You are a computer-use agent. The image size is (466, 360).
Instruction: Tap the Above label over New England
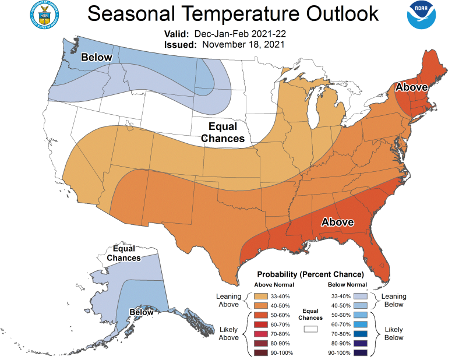coord(412,87)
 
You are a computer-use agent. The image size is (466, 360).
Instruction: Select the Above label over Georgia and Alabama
coord(338,222)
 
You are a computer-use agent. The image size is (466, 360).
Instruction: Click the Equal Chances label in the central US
coord(218,133)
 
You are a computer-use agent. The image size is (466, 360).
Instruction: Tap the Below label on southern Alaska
coord(142,312)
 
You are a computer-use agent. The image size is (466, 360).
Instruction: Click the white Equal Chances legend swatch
coord(310,329)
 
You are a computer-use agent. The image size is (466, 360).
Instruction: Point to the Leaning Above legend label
coord(228,300)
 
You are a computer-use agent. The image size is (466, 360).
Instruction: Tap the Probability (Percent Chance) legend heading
coord(311,273)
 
